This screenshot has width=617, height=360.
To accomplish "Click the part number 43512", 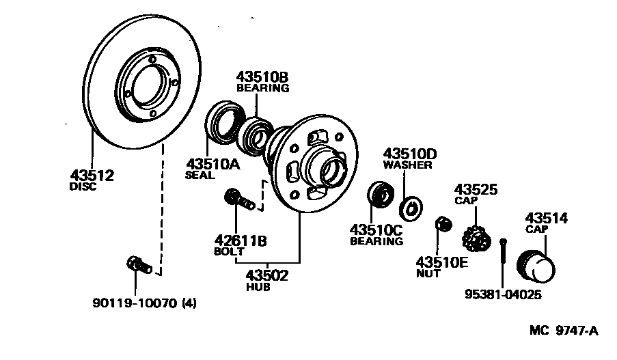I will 91,175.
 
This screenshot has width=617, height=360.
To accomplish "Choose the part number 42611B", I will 238,240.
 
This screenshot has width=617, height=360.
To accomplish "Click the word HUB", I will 258,288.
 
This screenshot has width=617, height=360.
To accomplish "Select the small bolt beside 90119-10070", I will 137,264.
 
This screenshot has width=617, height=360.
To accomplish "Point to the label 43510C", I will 376,230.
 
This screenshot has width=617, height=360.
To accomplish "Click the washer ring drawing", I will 413,206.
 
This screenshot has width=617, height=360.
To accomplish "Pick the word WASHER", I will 407,165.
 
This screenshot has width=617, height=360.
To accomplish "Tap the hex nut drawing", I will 442,224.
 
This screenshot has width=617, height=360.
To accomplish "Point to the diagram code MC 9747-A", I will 564,331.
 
